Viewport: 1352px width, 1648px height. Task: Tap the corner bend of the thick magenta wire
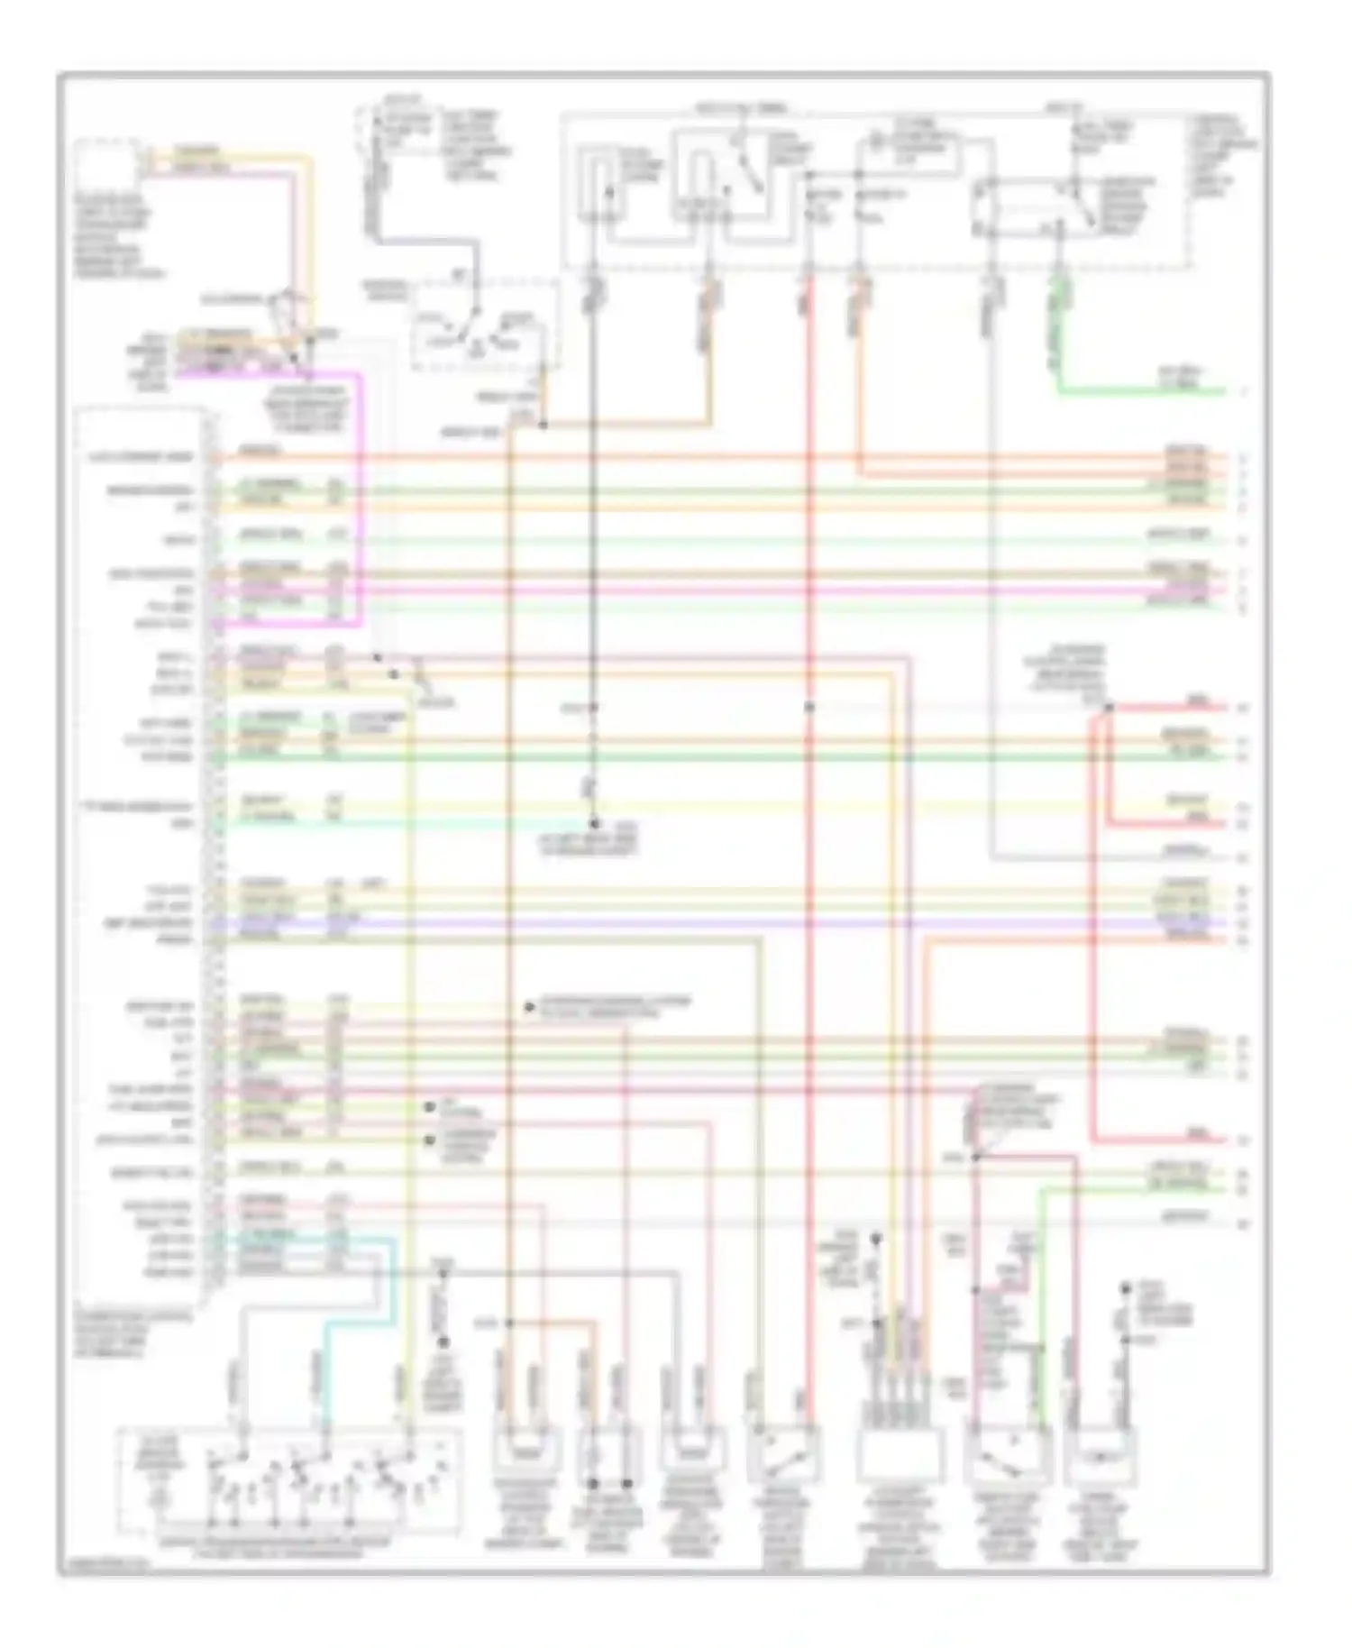pyautogui.click(x=361, y=374)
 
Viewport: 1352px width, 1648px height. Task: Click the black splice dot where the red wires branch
pyautogui.click(x=1109, y=708)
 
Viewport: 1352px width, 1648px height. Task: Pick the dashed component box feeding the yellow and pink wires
pyautogui.click(x=113, y=167)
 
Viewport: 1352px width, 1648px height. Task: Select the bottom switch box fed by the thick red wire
pyautogui.click(x=784, y=1453)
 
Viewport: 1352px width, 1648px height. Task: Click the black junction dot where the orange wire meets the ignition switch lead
pyautogui.click(x=543, y=424)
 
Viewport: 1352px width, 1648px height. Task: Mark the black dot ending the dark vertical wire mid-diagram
pyautogui.click(x=594, y=823)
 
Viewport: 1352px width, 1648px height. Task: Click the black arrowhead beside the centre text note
pyautogui.click(x=530, y=1007)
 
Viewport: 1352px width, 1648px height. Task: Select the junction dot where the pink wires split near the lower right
pyautogui.click(x=975, y=1157)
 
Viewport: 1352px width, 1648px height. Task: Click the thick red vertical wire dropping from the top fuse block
pyautogui.click(x=808, y=541)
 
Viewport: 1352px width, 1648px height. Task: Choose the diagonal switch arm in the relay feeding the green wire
pyautogui.click(x=1082, y=203)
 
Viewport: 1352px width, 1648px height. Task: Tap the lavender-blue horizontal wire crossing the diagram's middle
pyautogui.click(x=721, y=923)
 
